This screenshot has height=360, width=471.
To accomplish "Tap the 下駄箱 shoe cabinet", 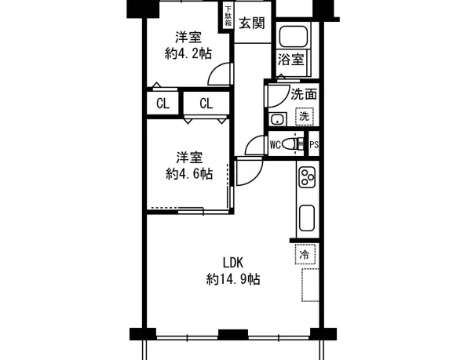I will coord(228,16).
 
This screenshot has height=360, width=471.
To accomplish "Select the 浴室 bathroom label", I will coord(292,60).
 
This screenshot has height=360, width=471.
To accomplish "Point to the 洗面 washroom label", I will coord(304,95).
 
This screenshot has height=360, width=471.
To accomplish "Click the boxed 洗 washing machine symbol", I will coord(303,116).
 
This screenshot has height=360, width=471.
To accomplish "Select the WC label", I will coord(276,144).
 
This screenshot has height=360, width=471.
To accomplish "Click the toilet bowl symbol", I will coord(294,144).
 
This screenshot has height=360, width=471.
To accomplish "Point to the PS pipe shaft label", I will coord(313,144).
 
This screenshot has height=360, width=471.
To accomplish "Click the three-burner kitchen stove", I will coord(305,179).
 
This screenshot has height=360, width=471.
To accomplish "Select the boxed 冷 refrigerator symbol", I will coord(304,253).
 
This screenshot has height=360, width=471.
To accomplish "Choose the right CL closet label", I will coord(206,103).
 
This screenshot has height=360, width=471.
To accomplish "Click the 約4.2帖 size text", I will coord(188,54).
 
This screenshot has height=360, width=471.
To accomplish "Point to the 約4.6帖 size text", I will coord(188,173).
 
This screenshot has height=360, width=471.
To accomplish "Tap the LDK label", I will coord(233,263).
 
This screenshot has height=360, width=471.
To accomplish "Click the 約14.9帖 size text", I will coord(233,278).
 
